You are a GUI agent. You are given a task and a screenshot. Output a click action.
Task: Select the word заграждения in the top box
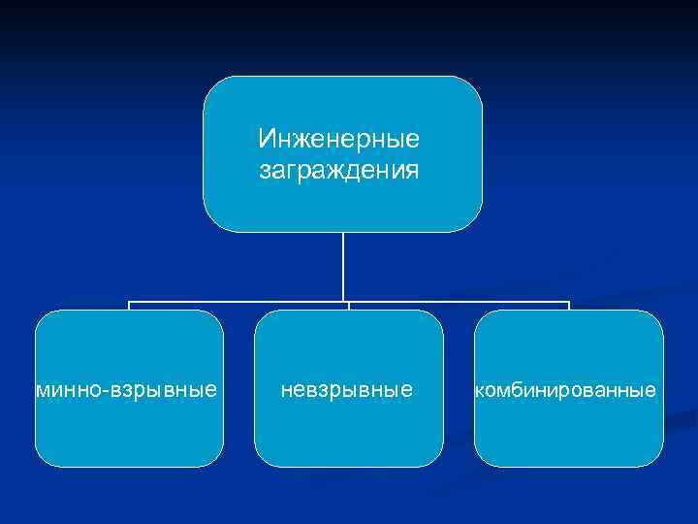pos(339,171)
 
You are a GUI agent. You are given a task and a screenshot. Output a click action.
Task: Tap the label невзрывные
pos(347,390)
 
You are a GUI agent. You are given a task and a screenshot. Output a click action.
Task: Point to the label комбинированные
pos(564,390)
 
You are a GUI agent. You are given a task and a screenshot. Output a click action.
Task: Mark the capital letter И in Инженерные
pos(266,141)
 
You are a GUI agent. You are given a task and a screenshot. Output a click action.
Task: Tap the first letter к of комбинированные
pos(478,390)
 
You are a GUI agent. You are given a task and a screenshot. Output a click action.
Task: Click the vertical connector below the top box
pos(343,267)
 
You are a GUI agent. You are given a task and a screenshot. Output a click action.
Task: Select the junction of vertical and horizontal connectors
pos(343,303)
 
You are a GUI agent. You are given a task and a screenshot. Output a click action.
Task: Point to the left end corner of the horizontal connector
pos(129,303)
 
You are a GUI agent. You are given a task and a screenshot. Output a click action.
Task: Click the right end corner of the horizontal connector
pos(569,303)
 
